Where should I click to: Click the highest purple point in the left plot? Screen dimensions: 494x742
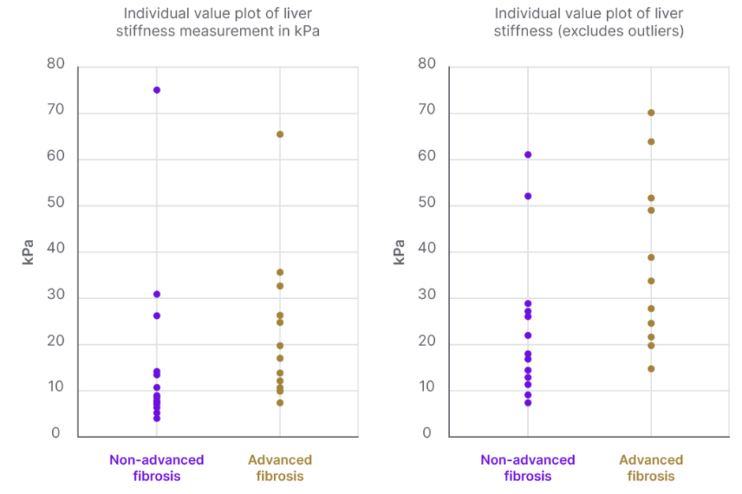click(157, 90)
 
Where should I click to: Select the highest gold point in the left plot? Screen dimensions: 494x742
click(280, 134)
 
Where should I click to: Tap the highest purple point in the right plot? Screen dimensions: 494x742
click(528, 155)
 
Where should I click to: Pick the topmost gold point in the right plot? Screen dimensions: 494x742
click(651, 113)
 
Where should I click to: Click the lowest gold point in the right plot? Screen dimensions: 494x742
click(651, 369)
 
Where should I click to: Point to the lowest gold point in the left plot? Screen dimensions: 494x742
click(280, 402)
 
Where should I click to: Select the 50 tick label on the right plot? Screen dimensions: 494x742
click(426, 204)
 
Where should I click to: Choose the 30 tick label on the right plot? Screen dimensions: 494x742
click(426, 297)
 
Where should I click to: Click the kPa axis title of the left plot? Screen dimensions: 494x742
click(28, 252)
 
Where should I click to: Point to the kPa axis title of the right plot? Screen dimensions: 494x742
click(399, 252)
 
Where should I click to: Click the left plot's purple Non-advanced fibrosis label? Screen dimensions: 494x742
click(156, 468)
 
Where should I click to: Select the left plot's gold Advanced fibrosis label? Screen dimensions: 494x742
click(280, 468)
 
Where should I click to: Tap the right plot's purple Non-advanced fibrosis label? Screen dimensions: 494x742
click(527, 468)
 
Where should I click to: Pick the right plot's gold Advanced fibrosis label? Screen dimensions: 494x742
click(651, 468)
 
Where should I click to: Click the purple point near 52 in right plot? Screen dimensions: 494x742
click(528, 196)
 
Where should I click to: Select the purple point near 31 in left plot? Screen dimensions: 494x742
click(157, 294)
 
